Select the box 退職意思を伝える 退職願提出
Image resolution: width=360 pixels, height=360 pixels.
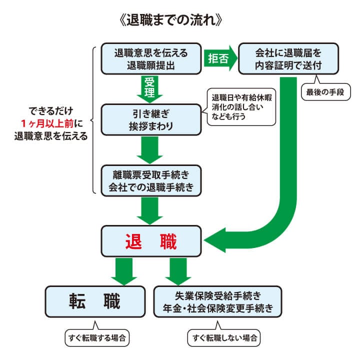click(150, 58)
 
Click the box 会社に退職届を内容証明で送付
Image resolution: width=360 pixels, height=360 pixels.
click(288, 58)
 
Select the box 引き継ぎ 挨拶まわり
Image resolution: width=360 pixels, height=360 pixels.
click(150, 119)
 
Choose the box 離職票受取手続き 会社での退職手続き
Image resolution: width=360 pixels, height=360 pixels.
click(150, 180)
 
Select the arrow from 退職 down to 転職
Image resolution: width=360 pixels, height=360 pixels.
click(123, 271)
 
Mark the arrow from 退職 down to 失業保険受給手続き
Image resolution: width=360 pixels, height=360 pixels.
click(177, 271)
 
